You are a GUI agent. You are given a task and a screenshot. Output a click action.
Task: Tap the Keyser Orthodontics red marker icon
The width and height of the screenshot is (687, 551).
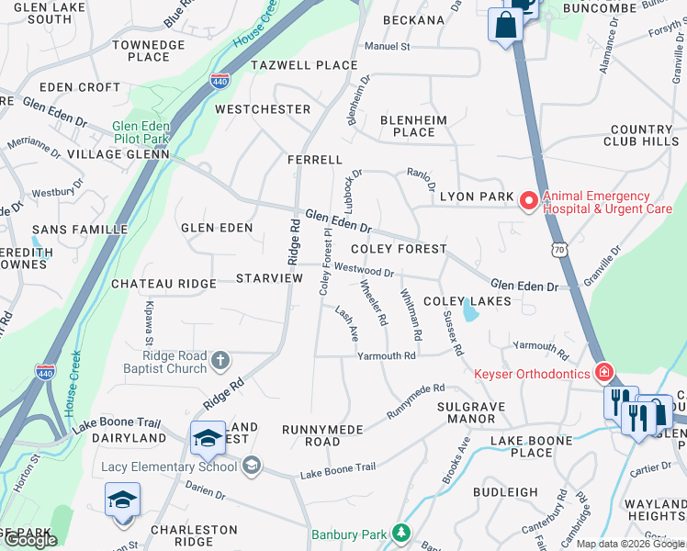[x=603, y=373]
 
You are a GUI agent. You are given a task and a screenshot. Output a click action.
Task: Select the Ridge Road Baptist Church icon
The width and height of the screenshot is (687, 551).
[x=220, y=360]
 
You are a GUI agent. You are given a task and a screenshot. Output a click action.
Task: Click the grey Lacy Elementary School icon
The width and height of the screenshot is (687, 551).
[x=251, y=467]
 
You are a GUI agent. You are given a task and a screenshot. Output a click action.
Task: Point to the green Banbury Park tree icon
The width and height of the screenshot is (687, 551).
[x=400, y=533]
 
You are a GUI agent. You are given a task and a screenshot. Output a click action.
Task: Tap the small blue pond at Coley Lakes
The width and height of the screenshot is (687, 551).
[x=470, y=312]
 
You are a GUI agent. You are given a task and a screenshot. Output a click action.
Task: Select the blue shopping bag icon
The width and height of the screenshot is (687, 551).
[x=505, y=26]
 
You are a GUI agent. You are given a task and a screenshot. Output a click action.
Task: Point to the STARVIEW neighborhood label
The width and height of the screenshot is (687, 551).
[x=269, y=278]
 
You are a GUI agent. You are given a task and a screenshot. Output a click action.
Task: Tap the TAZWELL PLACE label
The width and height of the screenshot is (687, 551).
[x=304, y=65]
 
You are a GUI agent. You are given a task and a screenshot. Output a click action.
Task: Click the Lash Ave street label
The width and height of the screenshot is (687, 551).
[x=346, y=324]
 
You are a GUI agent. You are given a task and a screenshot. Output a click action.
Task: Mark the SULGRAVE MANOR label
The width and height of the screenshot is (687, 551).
[x=466, y=412]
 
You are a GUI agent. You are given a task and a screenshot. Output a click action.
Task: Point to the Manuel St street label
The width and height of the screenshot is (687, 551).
[x=387, y=46]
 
